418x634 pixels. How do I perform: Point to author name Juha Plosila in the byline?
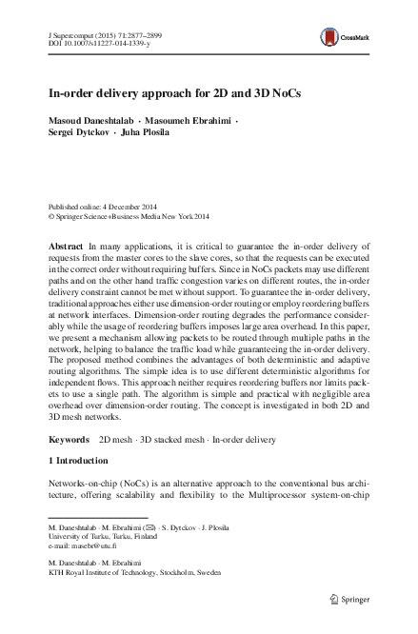[x=145, y=133]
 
